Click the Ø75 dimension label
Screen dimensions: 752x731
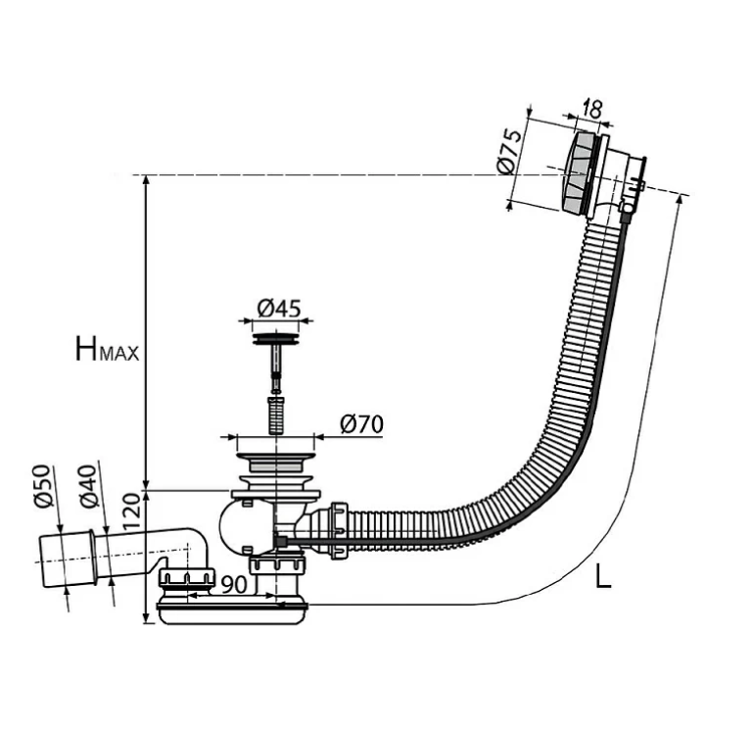pyautogui.click(x=509, y=151)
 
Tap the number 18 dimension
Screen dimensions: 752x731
pyautogui.click(x=592, y=110)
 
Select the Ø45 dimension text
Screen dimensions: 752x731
pyautogui.click(x=279, y=308)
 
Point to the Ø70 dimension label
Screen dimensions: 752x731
pyautogui.click(x=361, y=424)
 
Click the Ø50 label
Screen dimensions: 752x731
pyautogui.click(x=42, y=486)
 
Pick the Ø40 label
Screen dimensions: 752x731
pyautogui.click(x=89, y=486)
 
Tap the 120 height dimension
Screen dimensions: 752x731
pyautogui.click(x=131, y=512)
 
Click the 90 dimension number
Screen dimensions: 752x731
pyautogui.click(x=235, y=584)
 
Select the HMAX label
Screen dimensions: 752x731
pyautogui.click(x=107, y=349)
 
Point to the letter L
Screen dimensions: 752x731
pyautogui.click(x=603, y=576)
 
